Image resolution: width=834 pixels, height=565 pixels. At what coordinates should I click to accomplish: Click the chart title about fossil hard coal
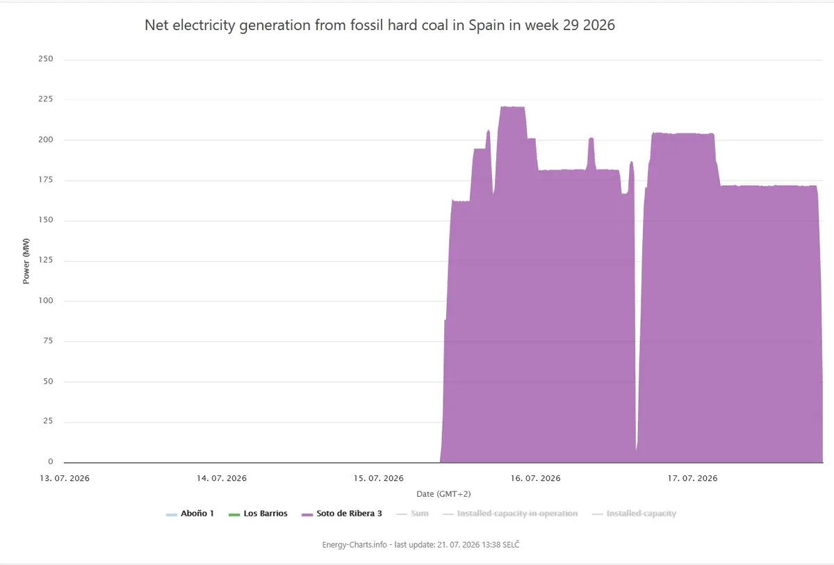click(x=379, y=25)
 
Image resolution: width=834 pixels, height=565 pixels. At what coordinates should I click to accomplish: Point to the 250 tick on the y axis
click(x=46, y=59)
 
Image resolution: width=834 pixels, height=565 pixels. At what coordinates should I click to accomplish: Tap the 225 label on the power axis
click(x=46, y=99)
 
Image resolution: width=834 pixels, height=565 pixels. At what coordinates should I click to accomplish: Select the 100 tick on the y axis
click(x=46, y=300)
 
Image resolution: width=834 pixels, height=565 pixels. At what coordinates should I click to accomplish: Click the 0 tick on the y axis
click(x=51, y=461)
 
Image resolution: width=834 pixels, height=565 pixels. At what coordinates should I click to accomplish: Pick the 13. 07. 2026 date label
click(x=65, y=478)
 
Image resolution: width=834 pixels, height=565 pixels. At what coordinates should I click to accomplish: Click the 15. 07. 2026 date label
click(x=379, y=478)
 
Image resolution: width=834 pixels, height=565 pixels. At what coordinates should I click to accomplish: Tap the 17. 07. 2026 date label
click(x=692, y=478)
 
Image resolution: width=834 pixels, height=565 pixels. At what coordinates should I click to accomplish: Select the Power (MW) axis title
click(x=26, y=261)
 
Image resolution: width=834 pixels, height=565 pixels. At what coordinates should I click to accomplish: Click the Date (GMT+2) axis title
click(x=443, y=494)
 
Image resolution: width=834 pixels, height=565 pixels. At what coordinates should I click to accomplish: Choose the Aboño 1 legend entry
click(x=190, y=514)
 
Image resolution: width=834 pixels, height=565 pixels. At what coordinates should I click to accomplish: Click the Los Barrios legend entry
click(x=258, y=514)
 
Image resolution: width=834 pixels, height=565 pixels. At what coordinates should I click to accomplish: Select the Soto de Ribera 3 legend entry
click(x=342, y=514)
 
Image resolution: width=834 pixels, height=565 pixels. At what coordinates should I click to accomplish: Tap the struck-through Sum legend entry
click(x=413, y=514)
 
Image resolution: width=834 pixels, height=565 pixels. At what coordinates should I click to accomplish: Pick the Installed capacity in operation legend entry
click(x=510, y=514)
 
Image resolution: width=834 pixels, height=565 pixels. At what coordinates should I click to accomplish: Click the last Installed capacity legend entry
click(x=634, y=514)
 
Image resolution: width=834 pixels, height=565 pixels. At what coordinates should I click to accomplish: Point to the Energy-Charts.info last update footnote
click(x=420, y=545)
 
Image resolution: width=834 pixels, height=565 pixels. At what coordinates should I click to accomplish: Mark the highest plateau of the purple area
click(x=513, y=107)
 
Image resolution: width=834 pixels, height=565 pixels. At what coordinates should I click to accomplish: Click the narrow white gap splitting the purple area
click(x=638, y=316)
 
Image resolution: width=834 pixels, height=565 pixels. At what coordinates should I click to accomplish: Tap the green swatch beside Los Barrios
click(x=234, y=515)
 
